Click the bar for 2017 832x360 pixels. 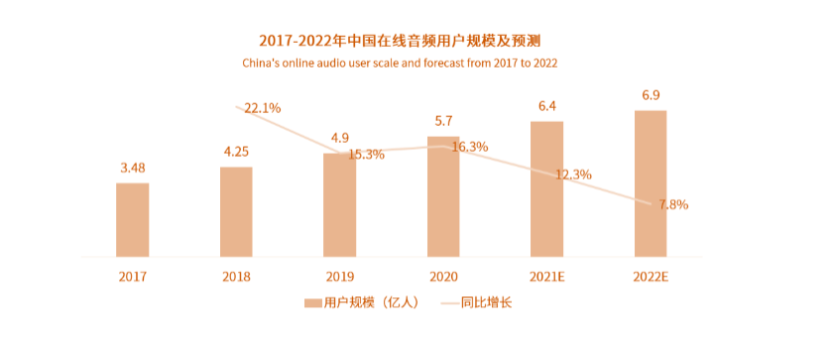(132, 219)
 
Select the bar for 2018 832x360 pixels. (236, 211)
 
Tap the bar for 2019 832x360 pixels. (339, 205)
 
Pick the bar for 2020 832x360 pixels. (443, 196)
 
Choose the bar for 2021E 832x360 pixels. (546, 188)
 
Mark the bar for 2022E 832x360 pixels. (651, 183)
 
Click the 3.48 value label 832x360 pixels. (133, 168)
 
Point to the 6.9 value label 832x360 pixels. (652, 95)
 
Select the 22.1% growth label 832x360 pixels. (263, 108)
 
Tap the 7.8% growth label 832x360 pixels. (673, 204)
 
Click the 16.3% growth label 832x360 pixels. (469, 147)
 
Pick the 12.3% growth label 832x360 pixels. (573, 175)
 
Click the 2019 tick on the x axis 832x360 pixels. (339, 277)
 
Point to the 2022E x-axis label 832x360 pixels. (651, 277)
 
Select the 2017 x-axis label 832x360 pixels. (132, 277)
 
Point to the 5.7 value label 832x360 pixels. (444, 121)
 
